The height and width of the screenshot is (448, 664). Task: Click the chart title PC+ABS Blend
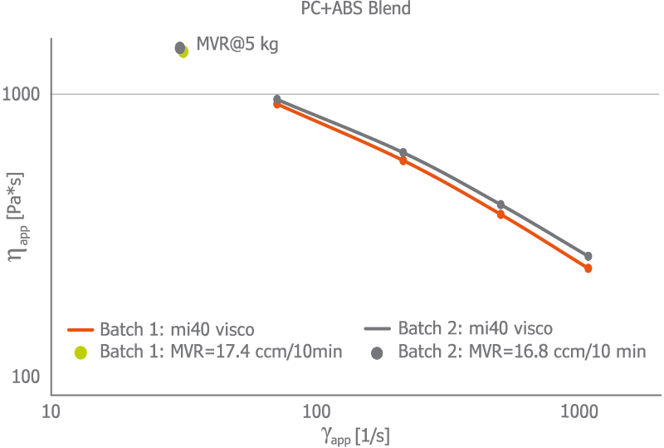pos(355,10)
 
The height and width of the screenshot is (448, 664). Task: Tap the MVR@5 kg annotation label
pos(237,44)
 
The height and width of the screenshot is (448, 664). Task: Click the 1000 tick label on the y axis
pos(22,94)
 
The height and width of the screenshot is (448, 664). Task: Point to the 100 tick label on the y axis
pos(27,377)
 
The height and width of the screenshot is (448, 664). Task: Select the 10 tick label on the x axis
pos(51,410)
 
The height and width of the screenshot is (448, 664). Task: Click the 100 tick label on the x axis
pos(315,410)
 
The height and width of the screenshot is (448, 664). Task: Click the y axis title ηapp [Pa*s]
pos(17,218)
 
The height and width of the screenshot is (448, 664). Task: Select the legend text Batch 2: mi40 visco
pos(476,328)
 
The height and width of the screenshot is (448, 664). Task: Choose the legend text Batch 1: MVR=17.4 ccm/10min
pos(221,352)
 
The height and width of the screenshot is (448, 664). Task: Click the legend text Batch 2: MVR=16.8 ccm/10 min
pos(522,352)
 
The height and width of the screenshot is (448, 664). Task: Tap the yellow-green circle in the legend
pos(81,352)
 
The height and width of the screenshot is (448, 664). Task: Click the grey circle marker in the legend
pos(377,352)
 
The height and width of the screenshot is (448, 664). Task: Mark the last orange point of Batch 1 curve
pos(588,268)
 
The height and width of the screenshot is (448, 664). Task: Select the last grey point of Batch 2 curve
pos(588,256)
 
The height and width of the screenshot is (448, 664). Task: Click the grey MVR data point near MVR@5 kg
pos(179,47)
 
